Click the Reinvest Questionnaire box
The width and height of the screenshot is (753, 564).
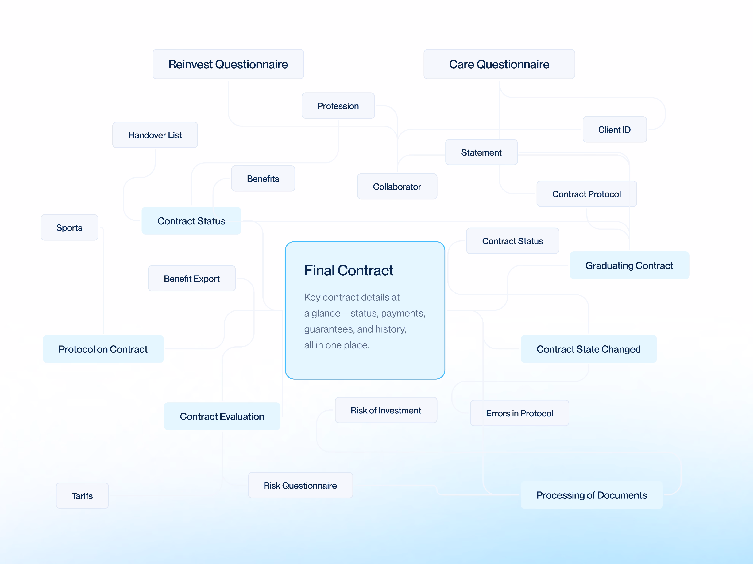click(228, 64)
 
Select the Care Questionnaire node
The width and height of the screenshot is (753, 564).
click(499, 64)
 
